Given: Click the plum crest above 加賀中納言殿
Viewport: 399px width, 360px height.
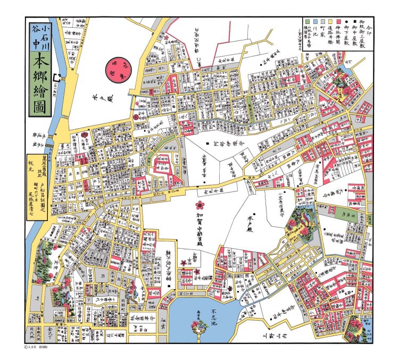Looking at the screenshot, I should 199,205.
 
